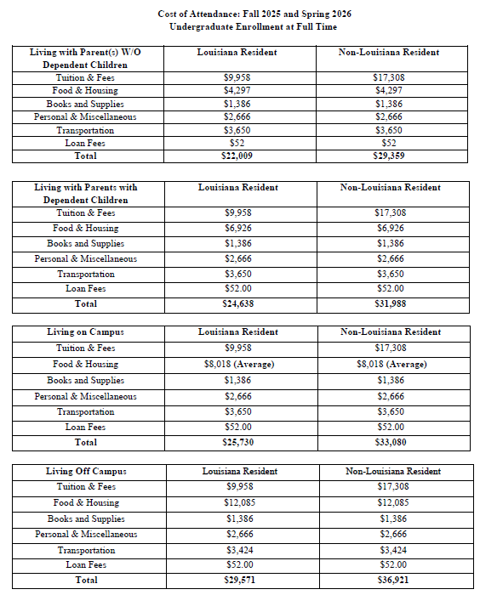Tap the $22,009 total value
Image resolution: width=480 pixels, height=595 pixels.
point(237,156)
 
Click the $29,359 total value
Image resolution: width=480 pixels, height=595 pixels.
point(389,156)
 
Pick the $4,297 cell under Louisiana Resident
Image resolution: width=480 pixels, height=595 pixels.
point(237,90)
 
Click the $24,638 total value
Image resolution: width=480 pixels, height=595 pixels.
point(237,303)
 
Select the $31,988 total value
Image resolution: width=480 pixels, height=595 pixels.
point(389,303)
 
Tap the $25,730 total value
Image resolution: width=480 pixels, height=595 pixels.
point(237,443)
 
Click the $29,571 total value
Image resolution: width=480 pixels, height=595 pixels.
point(238,581)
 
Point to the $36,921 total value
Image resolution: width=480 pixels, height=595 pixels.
point(392,581)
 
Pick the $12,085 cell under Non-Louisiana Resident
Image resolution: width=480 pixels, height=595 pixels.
point(392,503)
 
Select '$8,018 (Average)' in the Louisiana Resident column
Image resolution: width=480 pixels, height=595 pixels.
point(237,364)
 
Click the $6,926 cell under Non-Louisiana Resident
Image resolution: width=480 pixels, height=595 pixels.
point(389,228)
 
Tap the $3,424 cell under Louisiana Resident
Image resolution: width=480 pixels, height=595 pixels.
point(238,550)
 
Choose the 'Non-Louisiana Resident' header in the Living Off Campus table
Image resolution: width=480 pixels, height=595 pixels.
point(392,471)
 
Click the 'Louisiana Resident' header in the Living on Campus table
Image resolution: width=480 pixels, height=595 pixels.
point(237,331)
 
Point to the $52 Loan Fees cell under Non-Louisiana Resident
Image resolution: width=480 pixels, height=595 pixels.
point(389,143)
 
